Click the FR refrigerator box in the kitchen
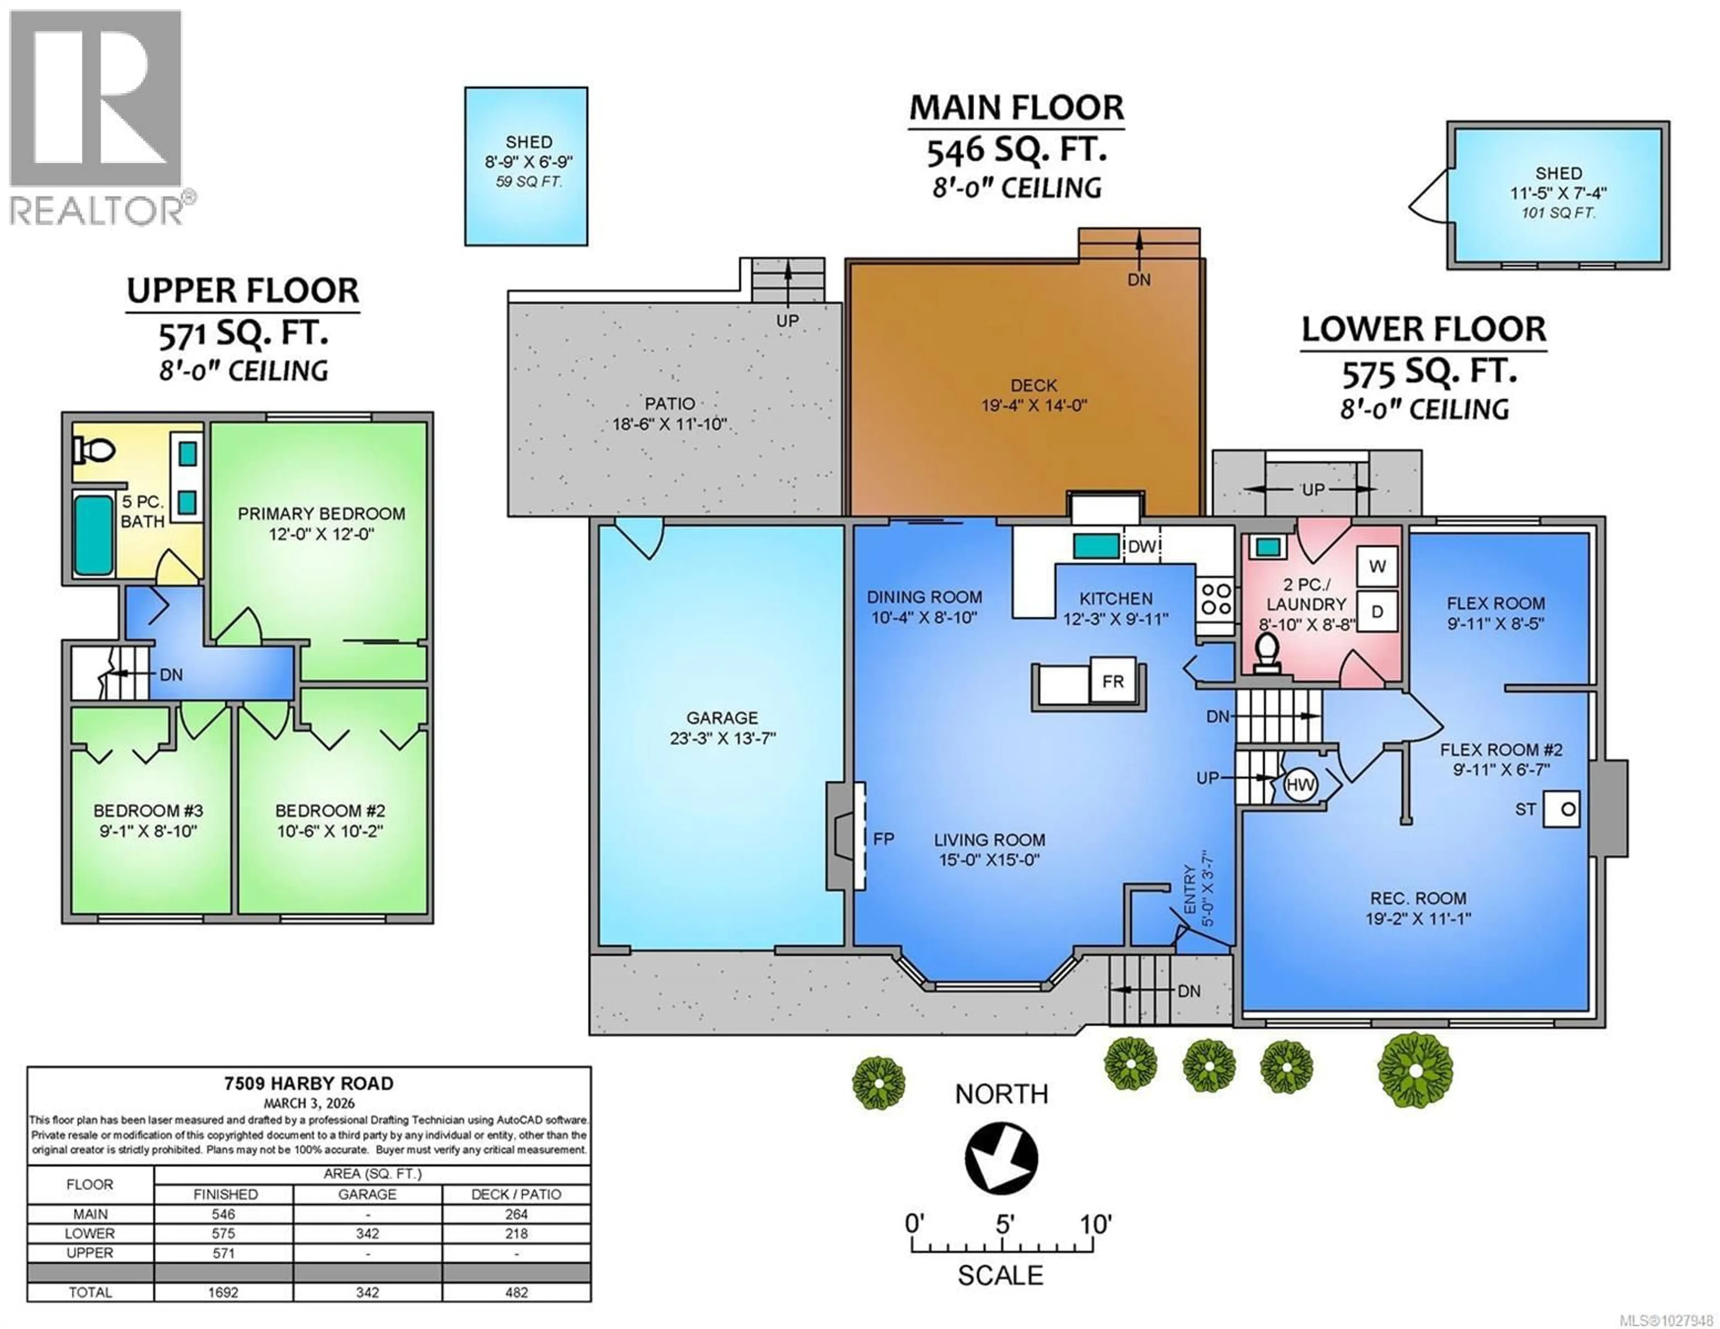(1112, 681)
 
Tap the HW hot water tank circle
(1300, 785)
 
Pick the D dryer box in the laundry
(1376, 611)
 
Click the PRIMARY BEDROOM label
(321, 514)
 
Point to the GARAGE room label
(722, 718)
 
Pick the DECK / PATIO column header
(516, 1194)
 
